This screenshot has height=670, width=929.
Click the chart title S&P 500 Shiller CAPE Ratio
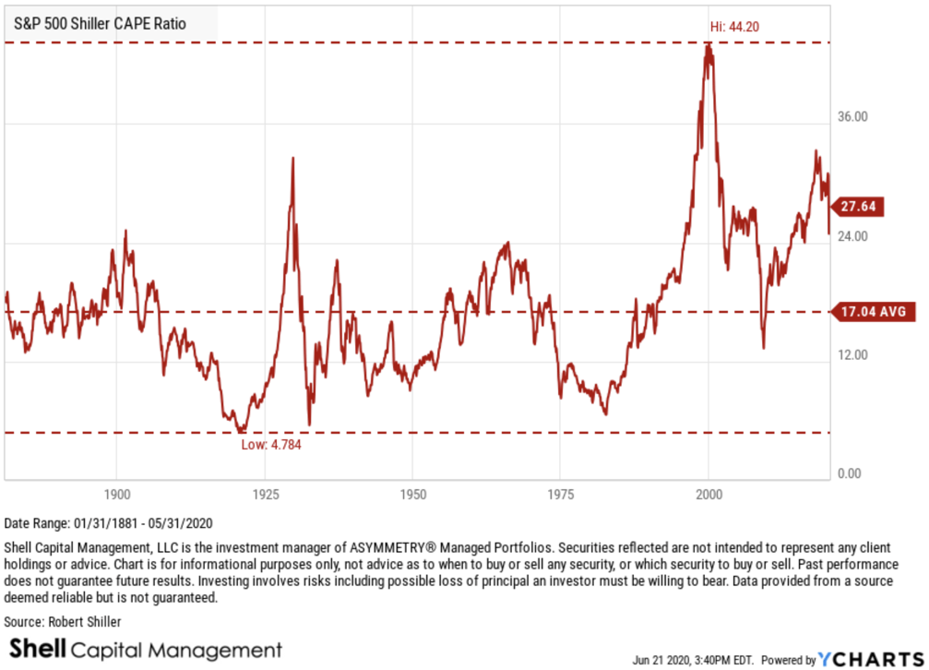(100, 23)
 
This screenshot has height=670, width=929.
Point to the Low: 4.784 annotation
(271, 444)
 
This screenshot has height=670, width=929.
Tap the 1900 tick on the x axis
(116, 494)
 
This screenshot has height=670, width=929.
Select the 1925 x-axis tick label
(265, 494)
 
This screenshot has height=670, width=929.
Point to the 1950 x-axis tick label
(412, 494)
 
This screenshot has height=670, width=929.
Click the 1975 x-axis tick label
(561, 494)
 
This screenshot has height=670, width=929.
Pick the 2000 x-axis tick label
(709, 494)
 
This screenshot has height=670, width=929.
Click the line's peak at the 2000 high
(708, 43)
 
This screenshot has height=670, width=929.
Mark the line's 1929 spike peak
(292, 159)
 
